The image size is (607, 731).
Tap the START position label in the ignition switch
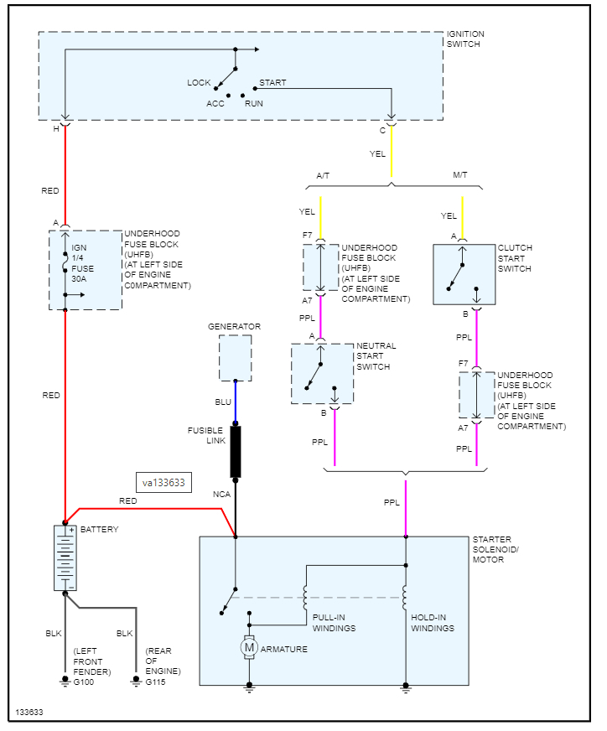272,82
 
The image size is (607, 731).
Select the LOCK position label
199,82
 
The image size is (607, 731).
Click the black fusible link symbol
236,452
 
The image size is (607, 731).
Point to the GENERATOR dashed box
235,358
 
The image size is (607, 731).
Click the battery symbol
65,557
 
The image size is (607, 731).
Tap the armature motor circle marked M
248,646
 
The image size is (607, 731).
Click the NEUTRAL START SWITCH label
376,356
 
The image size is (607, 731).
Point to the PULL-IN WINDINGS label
334,623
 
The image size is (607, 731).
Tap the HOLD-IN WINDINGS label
433,623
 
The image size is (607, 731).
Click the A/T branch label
323,175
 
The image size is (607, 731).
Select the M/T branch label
460,175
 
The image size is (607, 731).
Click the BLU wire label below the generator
223,402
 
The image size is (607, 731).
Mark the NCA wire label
220,495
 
